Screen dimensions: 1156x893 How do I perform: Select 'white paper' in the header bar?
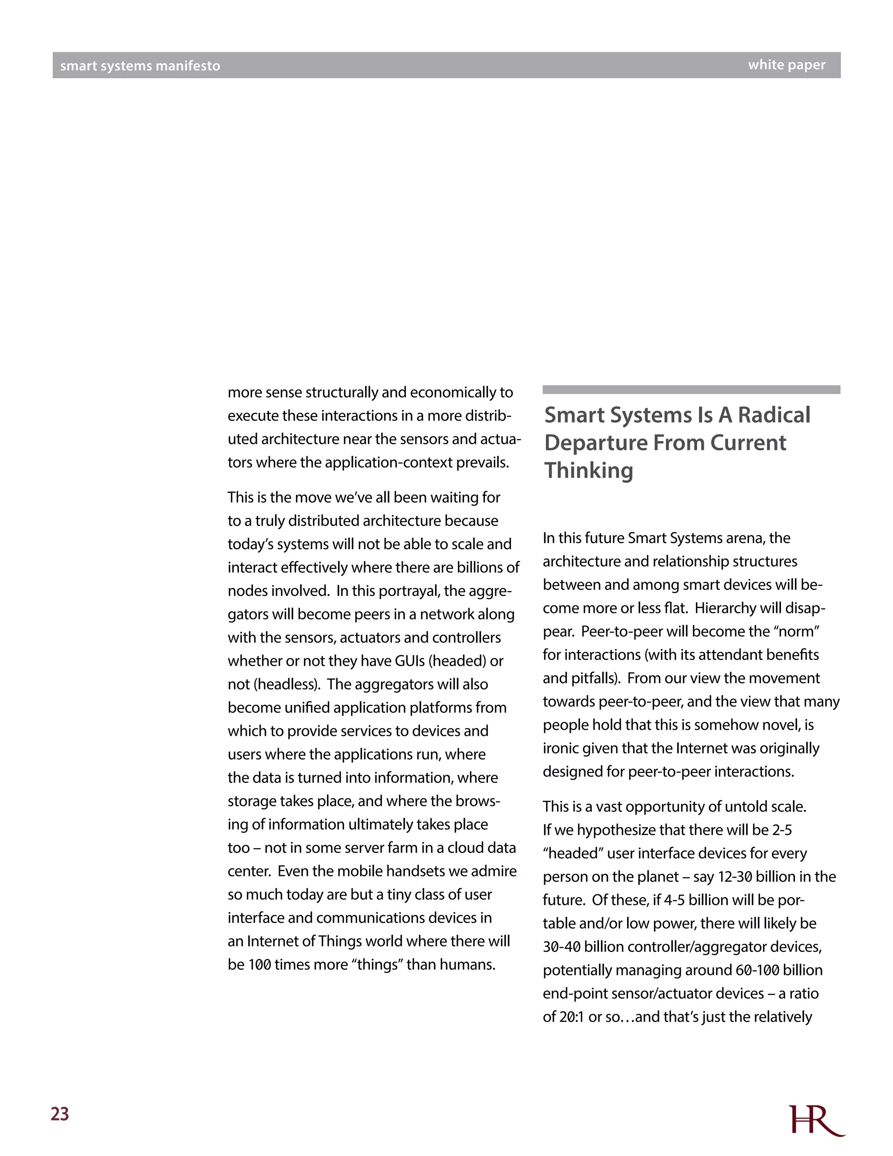click(x=786, y=65)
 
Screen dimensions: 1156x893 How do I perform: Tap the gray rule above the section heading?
click(x=691, y=390)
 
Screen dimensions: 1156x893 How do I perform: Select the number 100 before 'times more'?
click(x=260, y=964)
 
